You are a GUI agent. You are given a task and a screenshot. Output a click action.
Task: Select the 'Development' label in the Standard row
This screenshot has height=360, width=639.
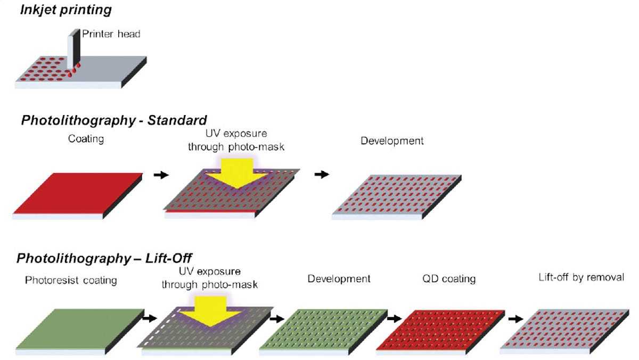point(392,141)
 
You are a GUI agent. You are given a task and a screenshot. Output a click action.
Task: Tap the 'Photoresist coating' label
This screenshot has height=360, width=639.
point(71,280)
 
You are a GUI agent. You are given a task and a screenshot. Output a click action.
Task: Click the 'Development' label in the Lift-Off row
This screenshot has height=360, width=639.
point(339,279)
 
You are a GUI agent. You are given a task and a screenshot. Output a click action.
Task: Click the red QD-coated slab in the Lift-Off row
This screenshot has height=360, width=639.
point(440,329)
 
